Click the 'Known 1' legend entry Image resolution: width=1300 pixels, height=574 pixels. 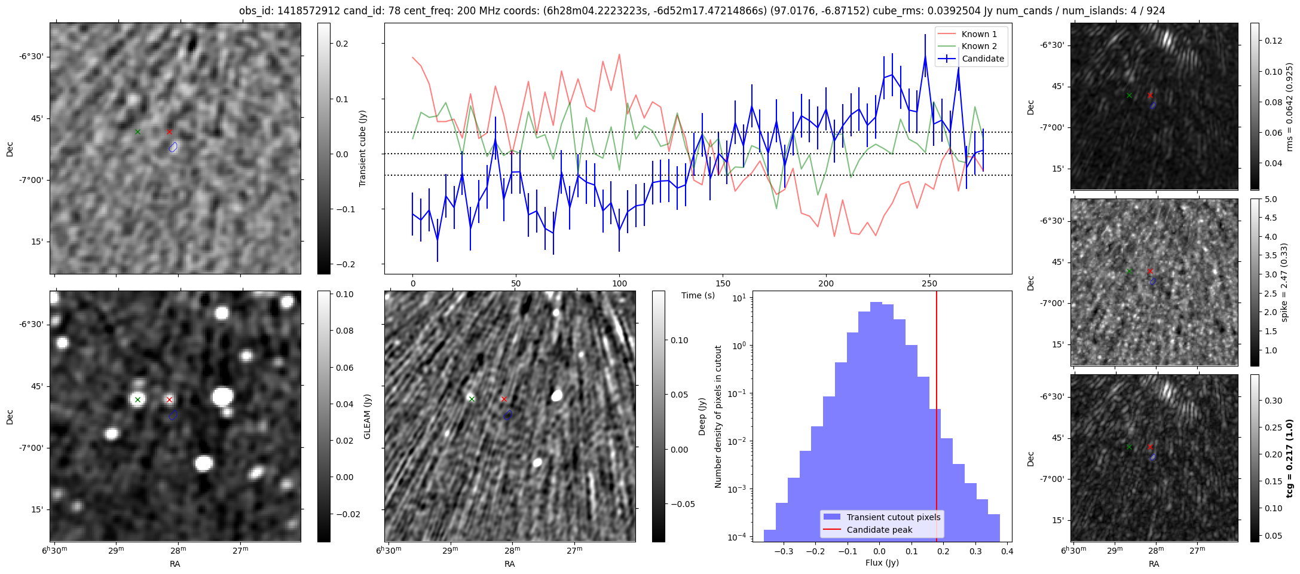(978, 34)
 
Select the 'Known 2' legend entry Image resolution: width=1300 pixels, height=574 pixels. (978, 46)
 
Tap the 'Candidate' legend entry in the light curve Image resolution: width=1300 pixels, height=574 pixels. (982, 59)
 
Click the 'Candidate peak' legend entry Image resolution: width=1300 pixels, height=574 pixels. (879, 530)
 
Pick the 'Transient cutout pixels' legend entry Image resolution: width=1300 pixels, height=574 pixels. (893, 517)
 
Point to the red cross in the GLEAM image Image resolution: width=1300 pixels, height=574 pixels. (169, 399)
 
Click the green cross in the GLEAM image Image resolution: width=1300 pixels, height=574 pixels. (137, 399)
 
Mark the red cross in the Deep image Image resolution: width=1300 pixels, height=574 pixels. (504, 399)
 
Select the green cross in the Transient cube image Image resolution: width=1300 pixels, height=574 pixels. (137, 132)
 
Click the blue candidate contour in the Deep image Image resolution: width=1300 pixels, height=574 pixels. (508, 414)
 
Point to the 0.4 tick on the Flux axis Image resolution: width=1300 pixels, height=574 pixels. (1007, 551)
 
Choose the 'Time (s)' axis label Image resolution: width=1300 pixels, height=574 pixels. (698, 295)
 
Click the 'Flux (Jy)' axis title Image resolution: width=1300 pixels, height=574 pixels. (882, 563)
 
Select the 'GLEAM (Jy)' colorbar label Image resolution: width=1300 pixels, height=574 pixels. (367, 416)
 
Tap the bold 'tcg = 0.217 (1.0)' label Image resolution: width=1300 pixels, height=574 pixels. (1289, 458)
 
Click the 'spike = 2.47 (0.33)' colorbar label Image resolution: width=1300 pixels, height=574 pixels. (1284, 282)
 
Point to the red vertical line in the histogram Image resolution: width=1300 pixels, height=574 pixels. (936, 419)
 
